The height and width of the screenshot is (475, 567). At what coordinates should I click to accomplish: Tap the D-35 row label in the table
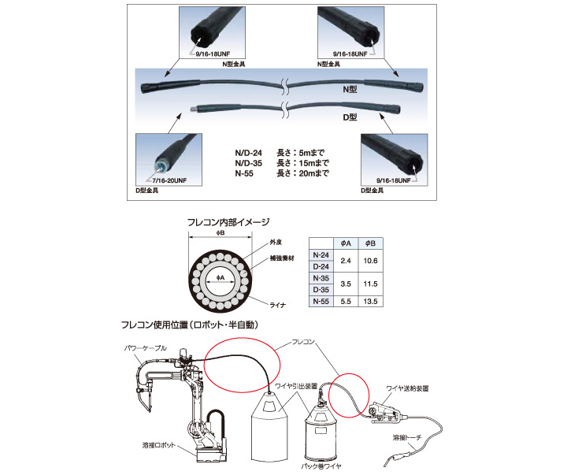coord(321,289)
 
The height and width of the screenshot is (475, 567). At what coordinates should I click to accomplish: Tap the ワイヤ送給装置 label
coord(408,388)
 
